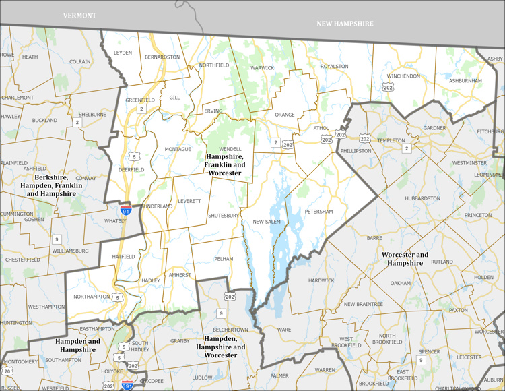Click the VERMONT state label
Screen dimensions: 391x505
pos(79,15)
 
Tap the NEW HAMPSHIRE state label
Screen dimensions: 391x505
pos(345,23)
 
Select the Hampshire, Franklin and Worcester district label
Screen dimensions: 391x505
pos(224,164)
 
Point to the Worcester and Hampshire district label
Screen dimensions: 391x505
pos(405,259)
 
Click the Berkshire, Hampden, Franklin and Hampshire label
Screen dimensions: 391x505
pos(51,185)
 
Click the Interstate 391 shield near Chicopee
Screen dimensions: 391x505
pos(127,386)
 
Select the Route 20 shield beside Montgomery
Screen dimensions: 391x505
pos(7,371)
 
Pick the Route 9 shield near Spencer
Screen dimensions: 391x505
pos(421,360)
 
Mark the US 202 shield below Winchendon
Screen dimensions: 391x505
pos(388,87)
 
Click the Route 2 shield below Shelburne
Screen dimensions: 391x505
pos(78,122)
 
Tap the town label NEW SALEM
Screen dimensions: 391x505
pos(267,222)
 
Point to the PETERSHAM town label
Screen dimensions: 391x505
pos(318,212)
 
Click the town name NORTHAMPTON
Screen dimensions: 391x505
pos(91,297)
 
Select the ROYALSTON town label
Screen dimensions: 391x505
pos(334,66)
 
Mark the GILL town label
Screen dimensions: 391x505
pos(174,98)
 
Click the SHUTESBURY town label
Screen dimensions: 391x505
pos(224,216)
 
